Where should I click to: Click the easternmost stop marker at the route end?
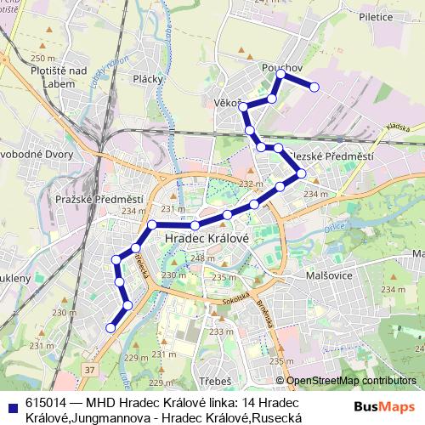pyautogui.click(x=314, y=87)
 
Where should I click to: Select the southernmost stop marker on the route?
pyautogui.click(x=110, y=327)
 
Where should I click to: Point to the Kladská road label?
pyautogui.click(x=396, y=127)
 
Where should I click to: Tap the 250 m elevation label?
pyautogui.click(x=38, y=58)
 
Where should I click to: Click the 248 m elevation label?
pyautogui.click(x=201, y=258)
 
